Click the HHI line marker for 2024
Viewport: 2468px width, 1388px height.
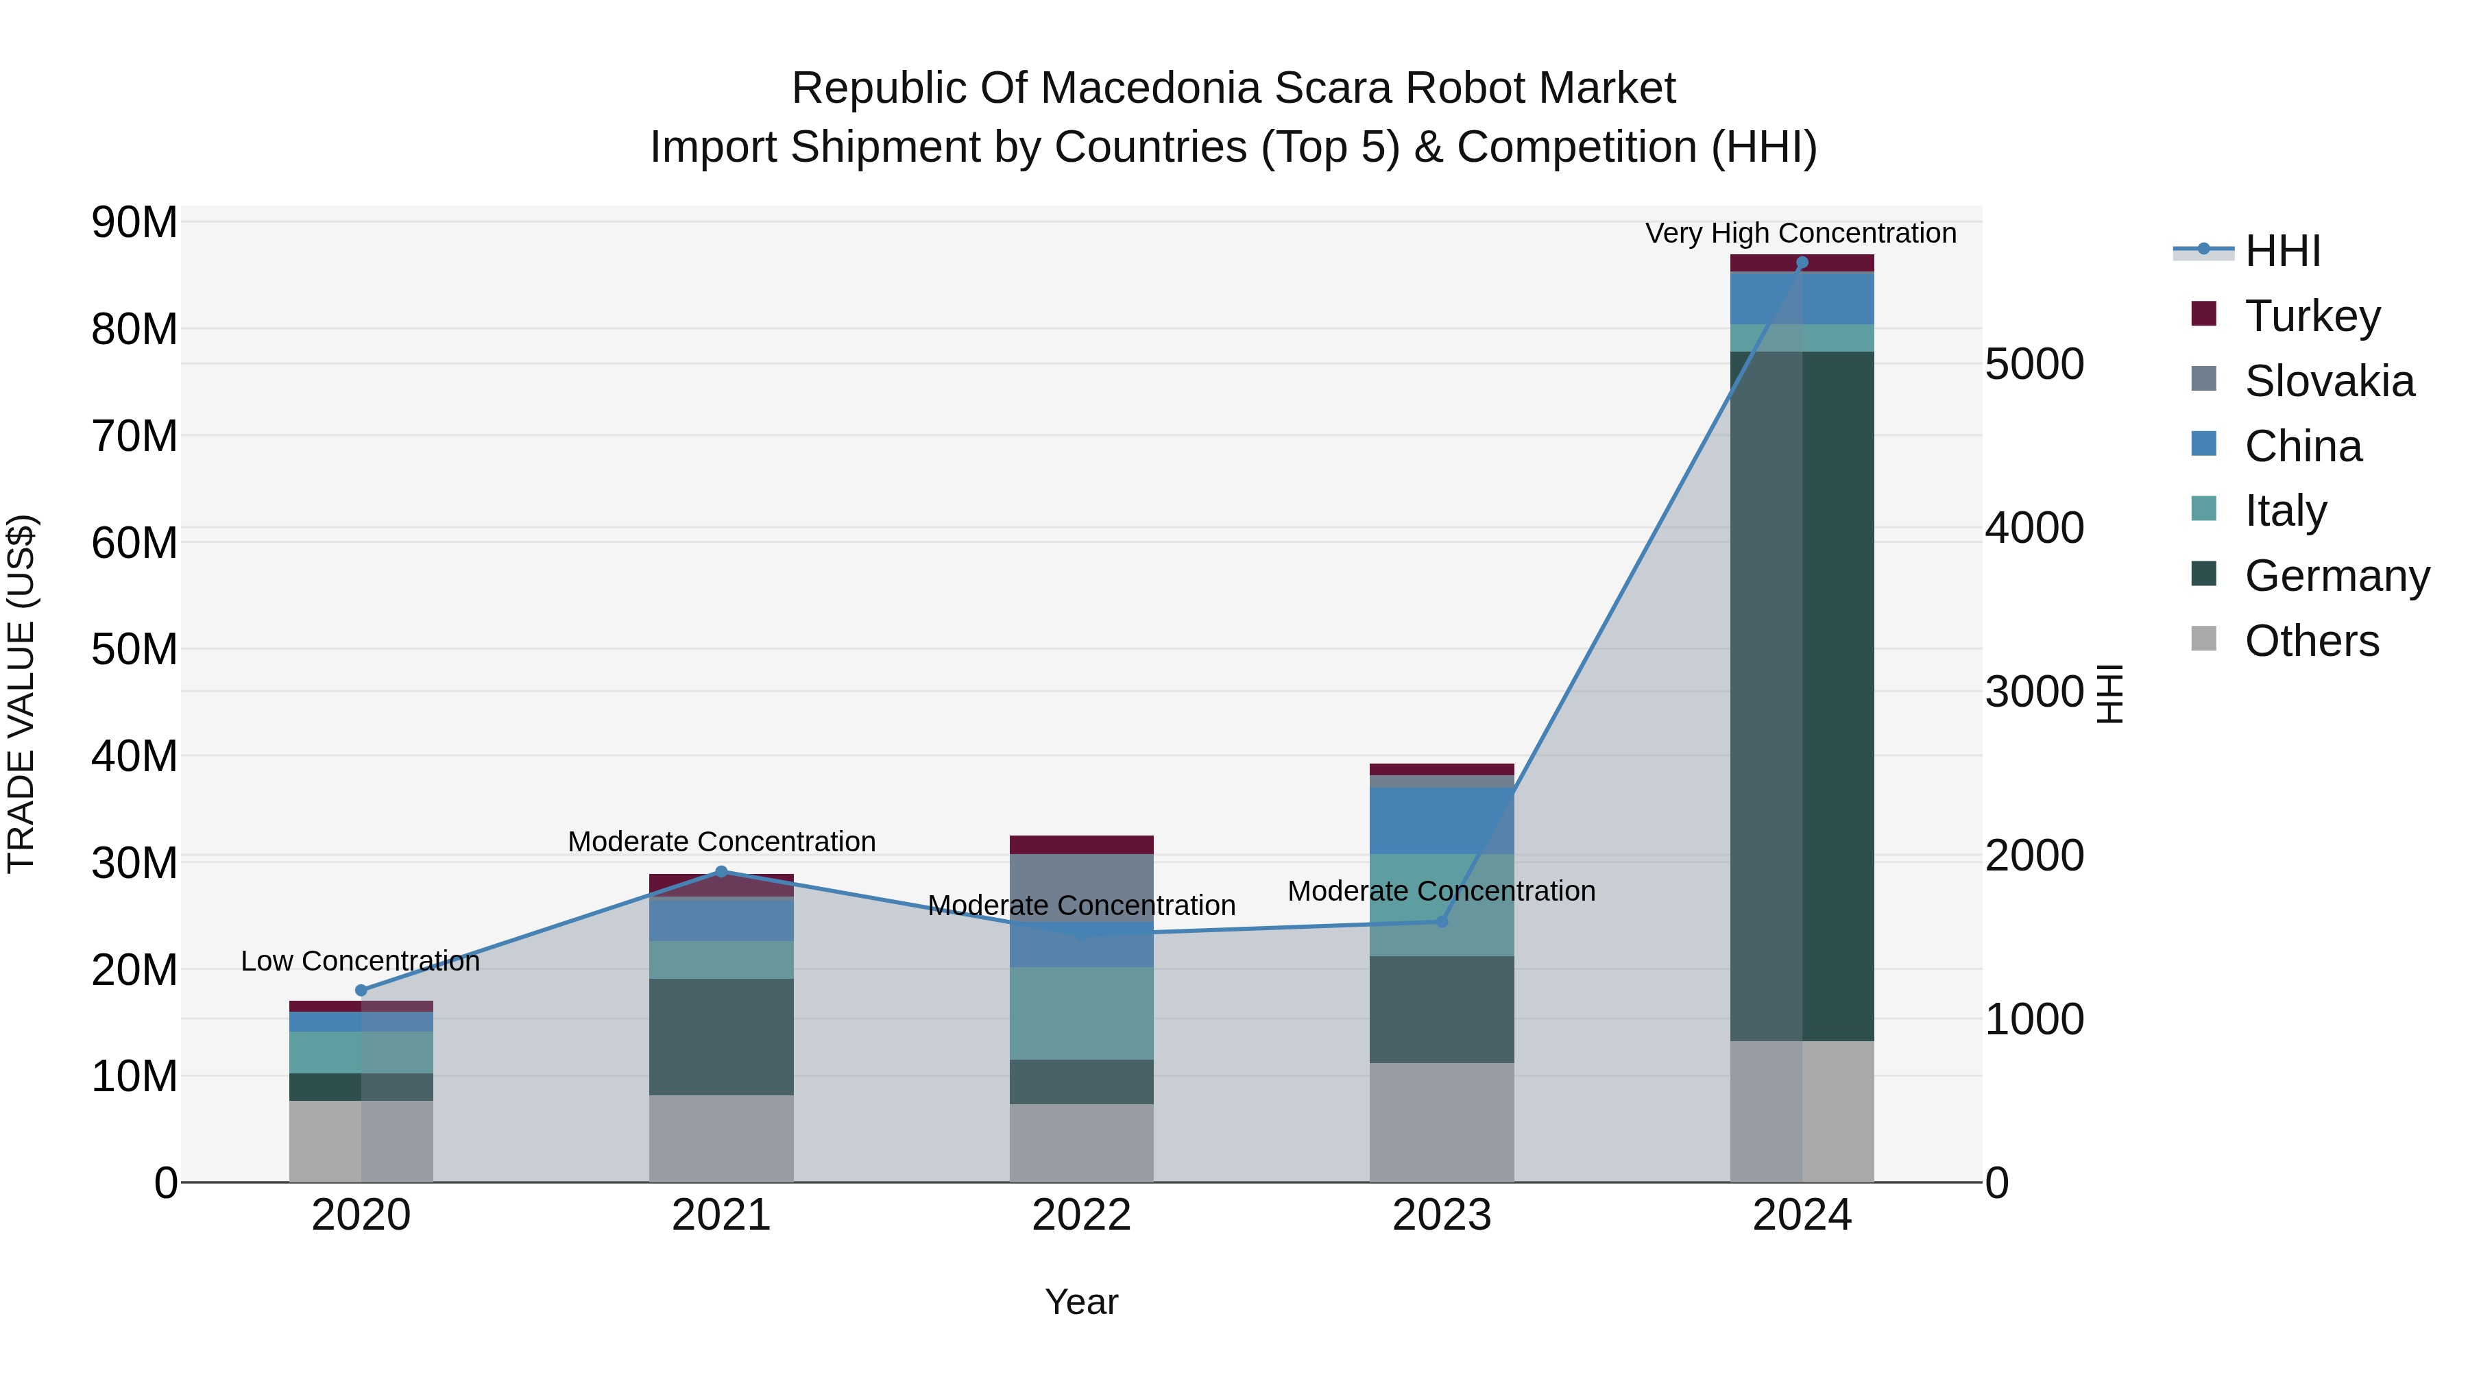click(1801, 263)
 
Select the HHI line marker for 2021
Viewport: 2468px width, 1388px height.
click(721, 872)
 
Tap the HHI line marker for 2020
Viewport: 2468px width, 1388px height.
click(361, 990)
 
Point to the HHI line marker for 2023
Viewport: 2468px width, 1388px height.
click(1441, 921)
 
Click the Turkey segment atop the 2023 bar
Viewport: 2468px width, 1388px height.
click(1441, 769)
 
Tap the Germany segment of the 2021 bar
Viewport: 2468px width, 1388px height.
click(721, 1036)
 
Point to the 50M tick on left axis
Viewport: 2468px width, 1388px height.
click(134, 650)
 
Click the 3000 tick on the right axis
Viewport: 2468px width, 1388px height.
click(2033, 692)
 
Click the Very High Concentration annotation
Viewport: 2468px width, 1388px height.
click(1800, 233)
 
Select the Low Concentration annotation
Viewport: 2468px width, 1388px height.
click(360, 961)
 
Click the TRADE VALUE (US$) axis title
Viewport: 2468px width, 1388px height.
click(22, 694)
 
